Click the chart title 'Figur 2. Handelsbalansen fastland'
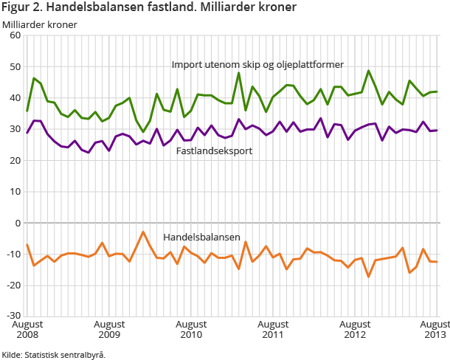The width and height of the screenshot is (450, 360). pos(149,8)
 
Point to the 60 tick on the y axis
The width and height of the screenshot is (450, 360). pos(14,35)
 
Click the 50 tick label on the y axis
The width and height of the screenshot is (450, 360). pos(14,66)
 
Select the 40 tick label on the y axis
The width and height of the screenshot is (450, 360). pos(14,97)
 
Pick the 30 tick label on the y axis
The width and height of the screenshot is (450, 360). pos(14,129)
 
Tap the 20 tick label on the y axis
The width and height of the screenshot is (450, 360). pos(14,160)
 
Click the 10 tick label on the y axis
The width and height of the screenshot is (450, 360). pos(14,191)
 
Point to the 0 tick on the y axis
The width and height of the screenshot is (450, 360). pos(17,223)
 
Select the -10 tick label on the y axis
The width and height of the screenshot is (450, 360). pos(13,254)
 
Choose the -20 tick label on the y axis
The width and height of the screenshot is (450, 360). pos(13,285)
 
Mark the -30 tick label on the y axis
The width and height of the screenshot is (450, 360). pos(13,316)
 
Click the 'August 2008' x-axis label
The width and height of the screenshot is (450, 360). pos(27,329)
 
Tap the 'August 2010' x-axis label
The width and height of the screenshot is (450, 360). pos(191,329)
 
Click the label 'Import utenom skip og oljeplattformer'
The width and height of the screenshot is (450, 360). pos(257,64)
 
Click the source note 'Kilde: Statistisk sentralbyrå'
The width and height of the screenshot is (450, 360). pos(53,354)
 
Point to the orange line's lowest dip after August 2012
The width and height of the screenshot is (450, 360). pos(369,277)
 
